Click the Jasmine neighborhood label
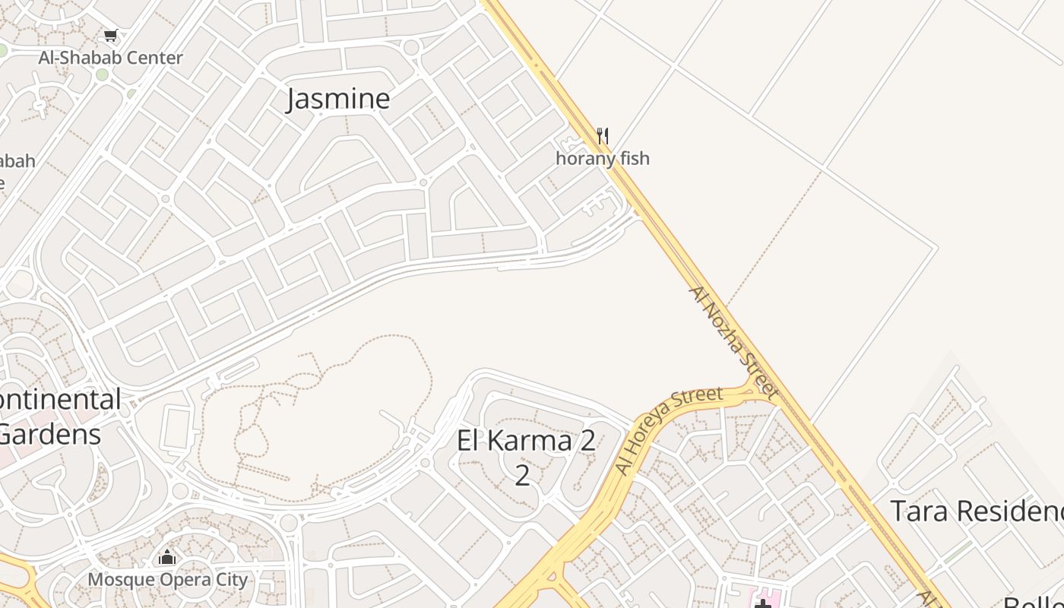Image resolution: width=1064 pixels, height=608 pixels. pos(338,99)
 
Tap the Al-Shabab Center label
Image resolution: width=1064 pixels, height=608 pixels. pos(111,58)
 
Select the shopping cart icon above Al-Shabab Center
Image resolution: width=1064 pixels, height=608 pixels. pos(111,35)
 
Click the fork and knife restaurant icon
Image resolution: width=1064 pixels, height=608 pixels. pos(603,136)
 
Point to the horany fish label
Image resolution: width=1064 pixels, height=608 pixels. pos(603,159)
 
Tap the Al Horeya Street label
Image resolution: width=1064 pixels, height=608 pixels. pos(669,431)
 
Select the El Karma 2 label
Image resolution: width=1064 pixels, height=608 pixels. pos(526,441)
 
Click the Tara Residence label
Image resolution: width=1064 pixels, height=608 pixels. pos(977,511)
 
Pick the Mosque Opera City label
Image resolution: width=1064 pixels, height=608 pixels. pos(167,580)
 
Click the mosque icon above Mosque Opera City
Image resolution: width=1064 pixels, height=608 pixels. pos(167,558)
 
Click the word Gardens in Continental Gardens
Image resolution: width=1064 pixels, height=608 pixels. pos(50,435)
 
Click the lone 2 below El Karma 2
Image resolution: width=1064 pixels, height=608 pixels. pos(522,474)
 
